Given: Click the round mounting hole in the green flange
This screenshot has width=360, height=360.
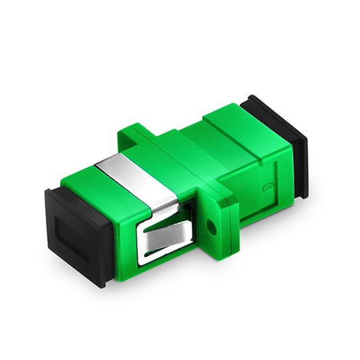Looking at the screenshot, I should point(214,227).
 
